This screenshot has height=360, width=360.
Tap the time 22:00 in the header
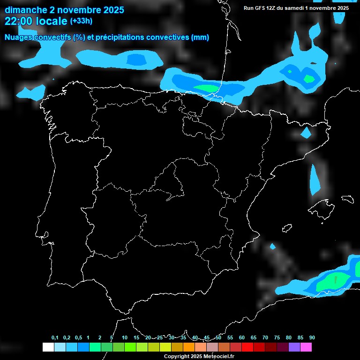click(x=19, y=21)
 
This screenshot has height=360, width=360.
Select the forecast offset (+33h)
click(x=81, y=21)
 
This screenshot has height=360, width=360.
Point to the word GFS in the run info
click(x=259, y=8)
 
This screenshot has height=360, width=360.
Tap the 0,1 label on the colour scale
click(x=55, y=338)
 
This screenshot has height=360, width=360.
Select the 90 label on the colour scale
click(x=312, y=338)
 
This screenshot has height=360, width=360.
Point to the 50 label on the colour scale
click(x=218, y=338)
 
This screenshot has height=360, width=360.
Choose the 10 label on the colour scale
click(x=124, y=338)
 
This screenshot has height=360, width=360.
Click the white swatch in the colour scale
click(x=48, y=347)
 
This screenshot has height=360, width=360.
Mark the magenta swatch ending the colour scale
click(x=306, y=347)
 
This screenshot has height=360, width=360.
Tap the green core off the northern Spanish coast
click(x=206, y=88)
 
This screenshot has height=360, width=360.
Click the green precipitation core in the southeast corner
click(x=334, y=281)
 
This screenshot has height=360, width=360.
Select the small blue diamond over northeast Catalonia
click(x=306, y=133)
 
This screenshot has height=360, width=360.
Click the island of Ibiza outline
click(x=287, y=228)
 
